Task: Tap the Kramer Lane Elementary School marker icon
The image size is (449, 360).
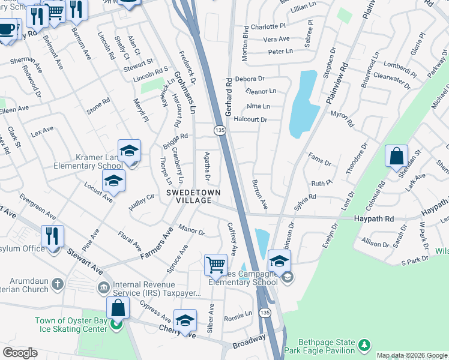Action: [x=129, y=151]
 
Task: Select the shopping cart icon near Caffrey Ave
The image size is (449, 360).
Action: [x=215, y=263]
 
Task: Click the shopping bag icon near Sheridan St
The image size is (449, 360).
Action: [x=396, y=157]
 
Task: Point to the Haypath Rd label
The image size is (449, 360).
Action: [x=373, y=220]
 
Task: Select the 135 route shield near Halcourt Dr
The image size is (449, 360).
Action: [x=220, y=130]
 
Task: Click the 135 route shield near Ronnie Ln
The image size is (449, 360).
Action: [x=264, y=313]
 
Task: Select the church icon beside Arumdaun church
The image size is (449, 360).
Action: [x=57, y=282]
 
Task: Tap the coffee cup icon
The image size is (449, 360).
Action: [x=7, y=29]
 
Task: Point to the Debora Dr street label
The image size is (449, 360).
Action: [x=250, y=79]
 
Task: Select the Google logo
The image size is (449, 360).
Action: [x=20, y=353]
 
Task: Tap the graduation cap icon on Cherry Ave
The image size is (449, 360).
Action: [x=185, y=320]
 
